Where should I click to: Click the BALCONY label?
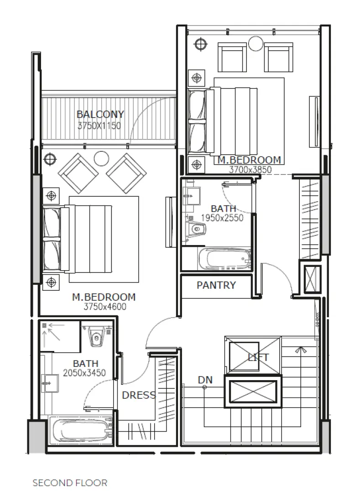coord(100,114)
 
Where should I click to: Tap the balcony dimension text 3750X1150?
coord(99,125)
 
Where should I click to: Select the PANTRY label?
coord(216,286)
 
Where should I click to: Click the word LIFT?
coord(258,357)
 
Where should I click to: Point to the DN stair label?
coord(205,380)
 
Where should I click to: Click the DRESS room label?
coord(139,395)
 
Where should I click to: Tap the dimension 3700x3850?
coord(250,169)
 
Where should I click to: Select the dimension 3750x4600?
coord(104,307)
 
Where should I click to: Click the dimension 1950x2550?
coord(222,218)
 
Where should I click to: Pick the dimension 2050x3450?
coord(84,373)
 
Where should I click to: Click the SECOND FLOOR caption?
coord(70,483)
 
